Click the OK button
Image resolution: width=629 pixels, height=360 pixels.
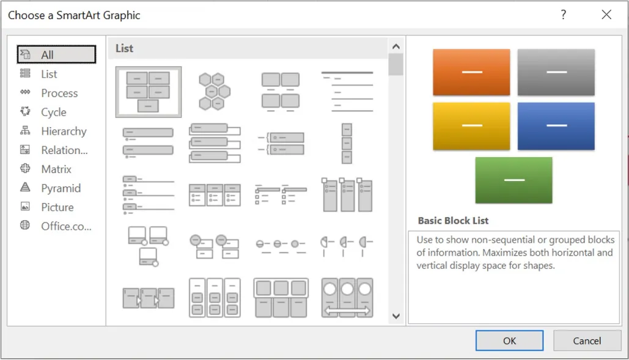pyautogui.click(x=509, y=340)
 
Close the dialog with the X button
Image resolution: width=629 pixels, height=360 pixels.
pyautogui.click(x=606, y=15)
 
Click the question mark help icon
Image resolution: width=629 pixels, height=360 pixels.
pyautogui.click(x=564, y=15)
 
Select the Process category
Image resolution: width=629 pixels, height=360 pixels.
pyautogui.click(x=59, y=93)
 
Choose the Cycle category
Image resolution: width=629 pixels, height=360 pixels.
pyautogui.click(x=53, y=112)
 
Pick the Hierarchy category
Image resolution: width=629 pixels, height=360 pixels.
pyautogui.click(x=63, y=131)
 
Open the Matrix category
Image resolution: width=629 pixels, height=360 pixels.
pyautogui.click(x=56, y=169)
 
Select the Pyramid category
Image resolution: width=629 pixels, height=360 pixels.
pyautogui.click(x=61, y=188)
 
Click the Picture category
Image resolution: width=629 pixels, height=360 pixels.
pyautogui.click(x=57, y=207)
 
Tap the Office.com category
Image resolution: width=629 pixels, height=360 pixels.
pyautogui.click(x=65, y=226)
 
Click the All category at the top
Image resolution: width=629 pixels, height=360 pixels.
pyautogui.click(x=47, y=55)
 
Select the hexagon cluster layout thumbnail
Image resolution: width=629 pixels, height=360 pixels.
pyautogui.click(x=214, y=92)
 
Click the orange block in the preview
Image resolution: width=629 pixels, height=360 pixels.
pyautogui.click(x=471, y=72)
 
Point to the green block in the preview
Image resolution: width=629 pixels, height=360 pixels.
pyautogui.click(x=514, y=180)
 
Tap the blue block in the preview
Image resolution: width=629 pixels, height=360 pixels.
pyautogui.click(x=556, y=126)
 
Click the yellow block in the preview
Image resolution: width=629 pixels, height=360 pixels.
pyautogui.click(x=471, y=126)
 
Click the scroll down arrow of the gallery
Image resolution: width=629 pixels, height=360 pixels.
pyautogui.click(x=395, y=316)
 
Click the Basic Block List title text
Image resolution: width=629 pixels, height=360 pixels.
pyautogui.click(x=453, y=221)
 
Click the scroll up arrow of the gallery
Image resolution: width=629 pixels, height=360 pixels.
pyautogui.click(x=395, y=46)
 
